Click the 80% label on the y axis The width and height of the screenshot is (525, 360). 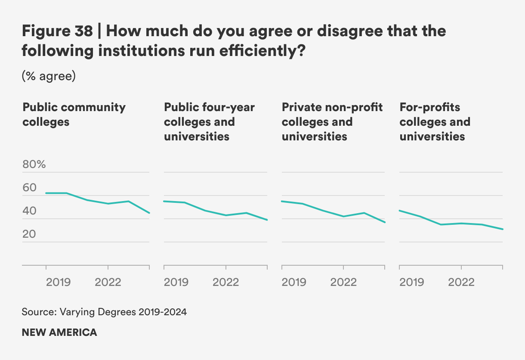pyautogui.click(x=34, y=165)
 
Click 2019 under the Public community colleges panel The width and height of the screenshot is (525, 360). pyautogui.click(x=58, y=282)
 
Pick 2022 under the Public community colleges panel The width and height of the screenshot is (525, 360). pyautogui.click(x=108, y=282)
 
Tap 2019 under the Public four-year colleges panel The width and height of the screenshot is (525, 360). pyautogui.click(x=176, y=282)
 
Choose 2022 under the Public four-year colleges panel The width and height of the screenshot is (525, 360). pyautogui.click(x=226, y=282)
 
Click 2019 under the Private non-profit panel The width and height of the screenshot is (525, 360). pyautogui.click(x=294, y=282)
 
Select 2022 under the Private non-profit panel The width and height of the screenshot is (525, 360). pyautogui.click(x=343, y=282)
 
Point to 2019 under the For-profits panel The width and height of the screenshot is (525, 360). pyautogui.click(x=412, y=282)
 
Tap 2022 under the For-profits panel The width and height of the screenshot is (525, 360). pyautogui.click(x=461, y=282)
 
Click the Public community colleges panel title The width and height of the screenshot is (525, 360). pyautogui.click(x=74, y=114)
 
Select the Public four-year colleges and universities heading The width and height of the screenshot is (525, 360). pyautogui.click(x=210, y=121)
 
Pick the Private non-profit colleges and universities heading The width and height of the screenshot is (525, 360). pyautogui.click(x=332, y=121)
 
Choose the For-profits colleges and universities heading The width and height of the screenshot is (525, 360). pyautogui.click(x=435, y=121)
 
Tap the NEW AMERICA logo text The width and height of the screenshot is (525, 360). pyautogui.click(x=59, y=332)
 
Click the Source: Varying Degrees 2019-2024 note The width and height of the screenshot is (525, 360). pyautogui.click(x=104, y=312)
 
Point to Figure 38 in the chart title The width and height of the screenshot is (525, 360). pyautogui.click(x=57, y=31)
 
